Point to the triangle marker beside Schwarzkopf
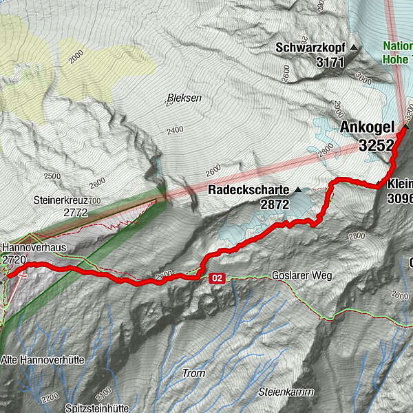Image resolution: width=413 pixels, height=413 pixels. [354, 48]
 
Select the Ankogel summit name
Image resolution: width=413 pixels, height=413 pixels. [366, 127]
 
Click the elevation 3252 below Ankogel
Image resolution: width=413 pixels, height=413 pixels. [376, 145]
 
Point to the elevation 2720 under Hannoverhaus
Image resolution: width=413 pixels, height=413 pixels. [14, 260]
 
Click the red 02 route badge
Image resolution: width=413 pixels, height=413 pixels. [217, 278]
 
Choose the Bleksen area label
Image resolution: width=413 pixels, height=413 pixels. [184, 98]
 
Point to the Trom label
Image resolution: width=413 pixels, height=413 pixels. [194, 373]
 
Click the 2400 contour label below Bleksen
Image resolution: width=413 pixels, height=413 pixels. [175, 130]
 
